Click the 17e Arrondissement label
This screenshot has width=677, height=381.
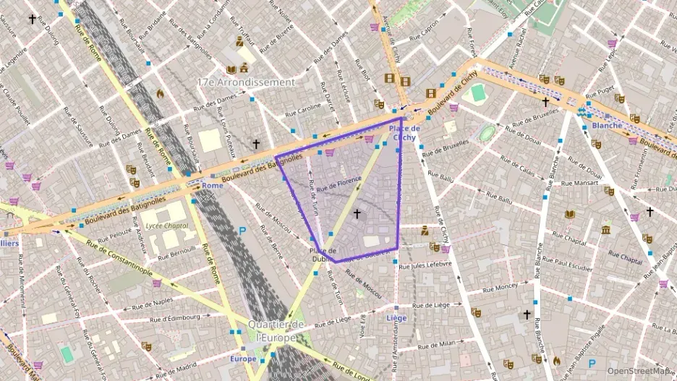(246, 82)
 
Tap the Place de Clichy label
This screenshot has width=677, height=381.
(404, 132)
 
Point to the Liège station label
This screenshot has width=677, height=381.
(397, 318)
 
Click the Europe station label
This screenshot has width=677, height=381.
(243, 359)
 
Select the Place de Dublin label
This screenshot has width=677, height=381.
(322, 254)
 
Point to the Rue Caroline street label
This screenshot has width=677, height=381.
(303, 110)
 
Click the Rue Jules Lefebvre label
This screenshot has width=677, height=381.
(425, 265)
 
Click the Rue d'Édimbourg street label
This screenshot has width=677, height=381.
(174, 317)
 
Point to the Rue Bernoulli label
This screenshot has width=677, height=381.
(176, 251)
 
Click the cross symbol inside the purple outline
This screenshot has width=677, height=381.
(357, 214)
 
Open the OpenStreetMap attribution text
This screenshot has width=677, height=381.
(638, 371)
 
